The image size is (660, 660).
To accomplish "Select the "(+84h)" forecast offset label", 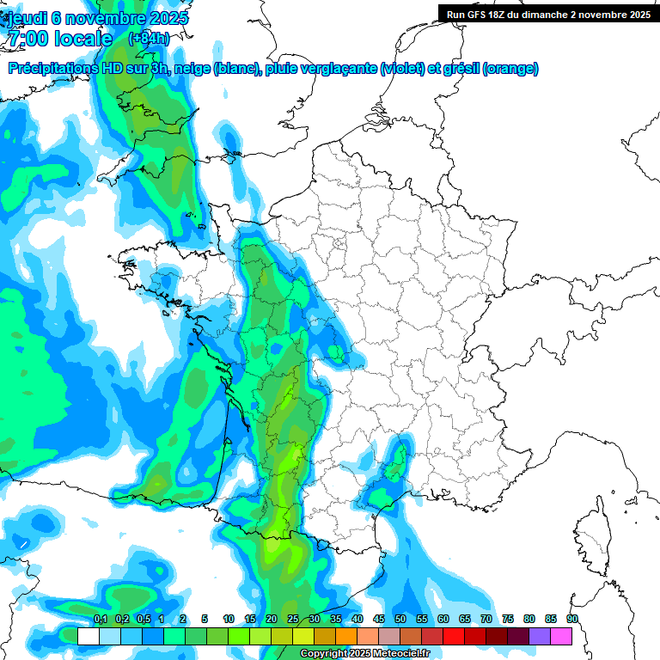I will coord(149,39).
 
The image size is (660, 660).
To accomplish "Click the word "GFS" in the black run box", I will coord(481,14).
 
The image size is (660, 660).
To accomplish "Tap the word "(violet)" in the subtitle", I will coord(401,69).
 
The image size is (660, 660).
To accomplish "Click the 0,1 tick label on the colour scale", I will coord(100,620).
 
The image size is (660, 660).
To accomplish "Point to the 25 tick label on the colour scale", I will coord(292,620).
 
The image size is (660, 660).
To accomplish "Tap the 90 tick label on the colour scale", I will coord(571,620).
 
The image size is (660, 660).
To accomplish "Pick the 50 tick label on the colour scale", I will coord(400,620).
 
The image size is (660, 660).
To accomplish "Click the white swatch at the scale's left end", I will coord(88,636).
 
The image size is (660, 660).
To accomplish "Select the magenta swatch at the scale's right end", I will coord(561,636).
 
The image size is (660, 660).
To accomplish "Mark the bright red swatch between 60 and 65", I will coord(454,636).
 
